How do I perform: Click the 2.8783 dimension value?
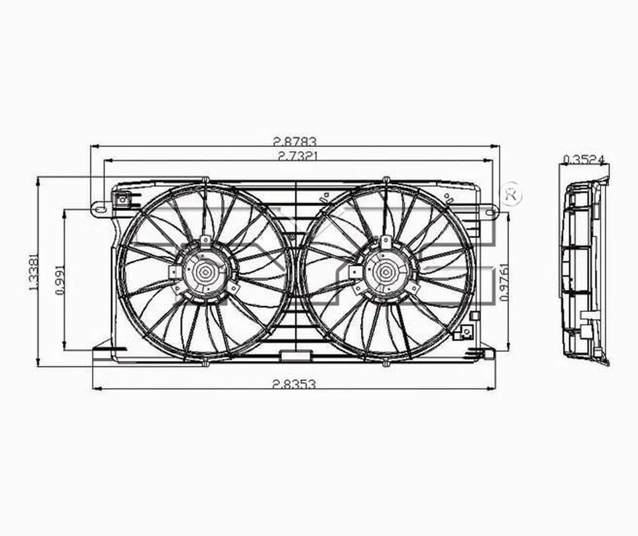[294, 141]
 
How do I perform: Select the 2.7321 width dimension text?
[294, 156]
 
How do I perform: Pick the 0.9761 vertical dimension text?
[503, 281]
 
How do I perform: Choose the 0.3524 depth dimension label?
[584, 159]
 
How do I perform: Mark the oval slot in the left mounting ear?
[100, 209]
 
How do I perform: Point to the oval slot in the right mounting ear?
[490, 211]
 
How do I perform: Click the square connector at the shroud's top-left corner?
[122, 198]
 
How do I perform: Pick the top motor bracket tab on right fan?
[385, 240]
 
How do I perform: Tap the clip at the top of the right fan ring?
[385, 180]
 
